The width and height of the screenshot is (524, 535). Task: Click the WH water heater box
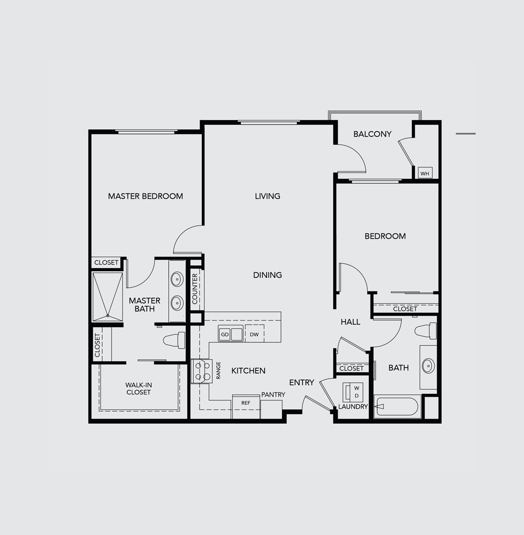click(x=425, y=173)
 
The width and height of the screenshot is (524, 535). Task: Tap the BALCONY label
click(x=372, y=134)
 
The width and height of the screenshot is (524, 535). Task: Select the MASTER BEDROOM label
click(x=146, y=196)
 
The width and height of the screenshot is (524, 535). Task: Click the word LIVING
click(x=268, y=196)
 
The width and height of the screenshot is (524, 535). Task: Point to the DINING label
click(x=268, y=275)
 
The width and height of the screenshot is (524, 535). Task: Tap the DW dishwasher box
click(x=254, y=334)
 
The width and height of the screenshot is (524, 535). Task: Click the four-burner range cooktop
click(x=202, y=371)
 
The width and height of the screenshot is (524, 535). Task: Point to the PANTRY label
click(x=273, y=394)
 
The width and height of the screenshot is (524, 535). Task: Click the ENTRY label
click(x=302, y=382)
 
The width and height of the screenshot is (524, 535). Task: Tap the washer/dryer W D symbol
click(x=353, y=392)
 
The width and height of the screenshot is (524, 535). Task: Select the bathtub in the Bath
click(x=398, y=406)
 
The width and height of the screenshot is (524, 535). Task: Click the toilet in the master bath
click(x=174, y=340)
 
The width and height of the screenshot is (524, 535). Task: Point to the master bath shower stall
click(x=107, y=296)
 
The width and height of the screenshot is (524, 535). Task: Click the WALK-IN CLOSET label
click(x=138, y=389)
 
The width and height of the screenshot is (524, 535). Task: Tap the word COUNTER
click(x=195, y=288)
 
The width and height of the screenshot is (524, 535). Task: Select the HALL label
click(x=351, y=322)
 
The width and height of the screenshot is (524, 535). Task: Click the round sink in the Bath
click(x=428, y=366)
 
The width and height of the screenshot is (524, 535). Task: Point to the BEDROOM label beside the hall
click(x=385, y=236)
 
